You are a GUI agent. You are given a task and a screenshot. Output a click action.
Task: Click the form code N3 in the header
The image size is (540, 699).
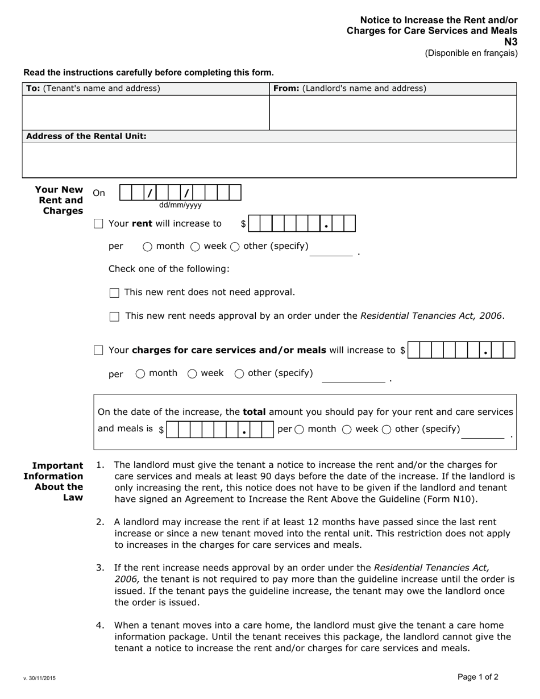click(512, 41)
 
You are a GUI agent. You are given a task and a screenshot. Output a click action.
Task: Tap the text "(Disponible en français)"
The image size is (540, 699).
click(471, 53)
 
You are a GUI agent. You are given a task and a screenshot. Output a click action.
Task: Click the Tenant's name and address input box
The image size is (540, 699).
click(145, 113)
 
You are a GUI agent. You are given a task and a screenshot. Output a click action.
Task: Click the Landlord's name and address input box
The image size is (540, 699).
click(392, 113)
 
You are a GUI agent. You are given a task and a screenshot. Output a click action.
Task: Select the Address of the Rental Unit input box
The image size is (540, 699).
click(269, 160)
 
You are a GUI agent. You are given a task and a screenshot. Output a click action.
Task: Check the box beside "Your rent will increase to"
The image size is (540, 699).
click(98, 224)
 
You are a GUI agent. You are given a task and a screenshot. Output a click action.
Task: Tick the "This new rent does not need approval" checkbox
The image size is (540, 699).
click(114, 293)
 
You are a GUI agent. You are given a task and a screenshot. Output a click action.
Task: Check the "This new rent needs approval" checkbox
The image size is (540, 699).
click(114, 317)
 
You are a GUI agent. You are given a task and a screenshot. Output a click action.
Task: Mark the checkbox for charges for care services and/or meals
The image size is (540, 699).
click(98, 351)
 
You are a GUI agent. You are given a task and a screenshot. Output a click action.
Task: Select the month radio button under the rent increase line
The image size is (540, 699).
click(147, 247)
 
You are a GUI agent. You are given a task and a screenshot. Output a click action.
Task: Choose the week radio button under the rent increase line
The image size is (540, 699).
click(195, 247)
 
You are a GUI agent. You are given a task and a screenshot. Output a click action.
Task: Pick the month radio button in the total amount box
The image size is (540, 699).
click(300, 430)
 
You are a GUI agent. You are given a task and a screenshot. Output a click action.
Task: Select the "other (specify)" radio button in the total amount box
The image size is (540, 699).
click(387, 430)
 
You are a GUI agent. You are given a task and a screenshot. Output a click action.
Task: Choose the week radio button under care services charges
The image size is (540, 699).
click(192, 373)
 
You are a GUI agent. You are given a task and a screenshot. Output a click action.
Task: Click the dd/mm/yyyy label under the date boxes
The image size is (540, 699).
click(180, 205)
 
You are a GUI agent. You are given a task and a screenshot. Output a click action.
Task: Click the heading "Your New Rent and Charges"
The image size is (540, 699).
click(60, 200)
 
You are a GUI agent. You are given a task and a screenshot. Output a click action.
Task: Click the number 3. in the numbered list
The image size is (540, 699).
click(100, 567)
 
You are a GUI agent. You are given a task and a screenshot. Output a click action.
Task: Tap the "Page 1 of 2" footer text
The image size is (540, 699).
click(477, 676)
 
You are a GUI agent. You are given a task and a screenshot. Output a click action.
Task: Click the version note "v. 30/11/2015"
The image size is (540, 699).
click(39, 678)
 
